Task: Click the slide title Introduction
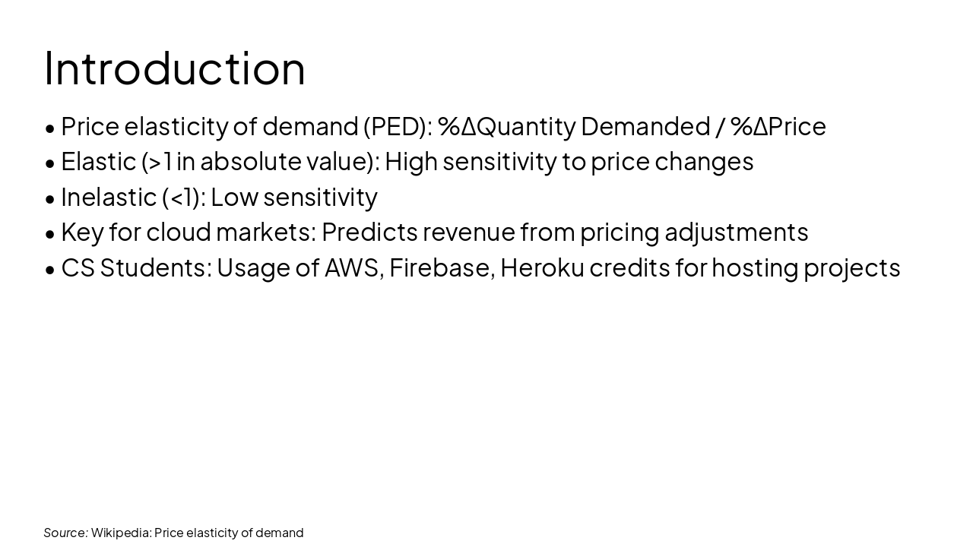pyautogui.click(x=175, y=68)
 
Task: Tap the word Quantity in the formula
pyautogui.click(x=525, y=126)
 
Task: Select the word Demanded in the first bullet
pyautogui.click(x=645, y=126)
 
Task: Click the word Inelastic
pyautogui.click(x=109, y=197)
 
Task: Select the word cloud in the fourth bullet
pyautogui.click(x=178, y=232)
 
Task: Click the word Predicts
pyautogui.click(x=369, y=232)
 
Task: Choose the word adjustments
pyautogui.click(x=736, y=232)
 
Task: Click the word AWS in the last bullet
pyautogui.click(x=353, y=267)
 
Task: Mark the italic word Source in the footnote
pyautogui.click(x=65, y=533)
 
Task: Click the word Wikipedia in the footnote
pyautogui.click(x=121, y=533)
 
